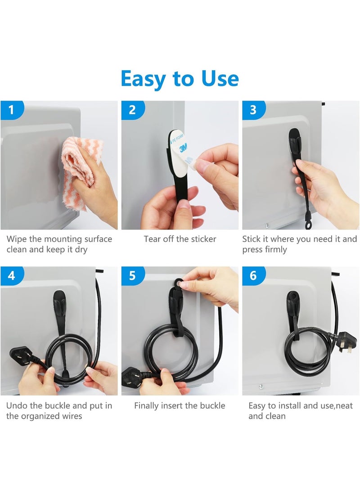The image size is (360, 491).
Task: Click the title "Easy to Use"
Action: (180, 78)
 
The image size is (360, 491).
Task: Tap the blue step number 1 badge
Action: (11, 109)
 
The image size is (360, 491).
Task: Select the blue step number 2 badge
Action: (132, 109)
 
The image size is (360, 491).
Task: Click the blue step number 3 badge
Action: (253, 109)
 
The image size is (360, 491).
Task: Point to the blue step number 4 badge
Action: (11, 275)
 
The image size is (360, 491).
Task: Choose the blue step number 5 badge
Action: (132, 275)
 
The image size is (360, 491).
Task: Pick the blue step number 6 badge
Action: (253, 275)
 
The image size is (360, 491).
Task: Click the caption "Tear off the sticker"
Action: (180, 239)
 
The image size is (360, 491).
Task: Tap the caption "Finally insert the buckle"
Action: (180, 405)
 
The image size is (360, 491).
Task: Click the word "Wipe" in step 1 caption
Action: (17, 239)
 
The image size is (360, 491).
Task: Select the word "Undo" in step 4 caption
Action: (17, 405)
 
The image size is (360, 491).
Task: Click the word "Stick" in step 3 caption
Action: (252, 239)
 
